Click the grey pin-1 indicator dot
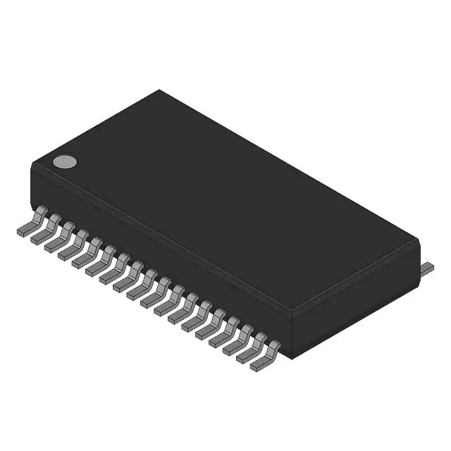65,162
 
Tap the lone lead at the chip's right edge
427,268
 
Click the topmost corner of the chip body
159,90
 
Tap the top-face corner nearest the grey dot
32,165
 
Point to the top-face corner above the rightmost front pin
291,311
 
